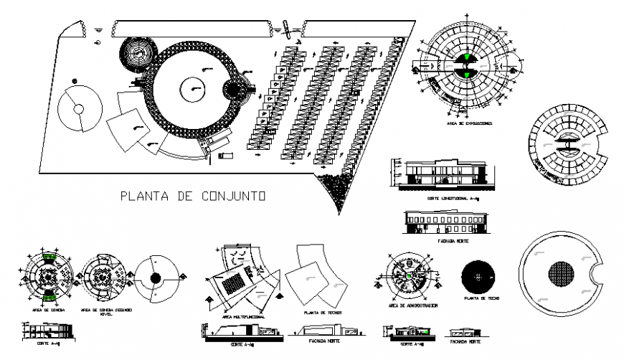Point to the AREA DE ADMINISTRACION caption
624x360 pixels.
[412, 306]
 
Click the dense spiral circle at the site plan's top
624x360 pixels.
[136, 53]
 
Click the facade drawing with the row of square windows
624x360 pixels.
[445, 220]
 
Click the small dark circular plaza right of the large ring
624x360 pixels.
[235, 92]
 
